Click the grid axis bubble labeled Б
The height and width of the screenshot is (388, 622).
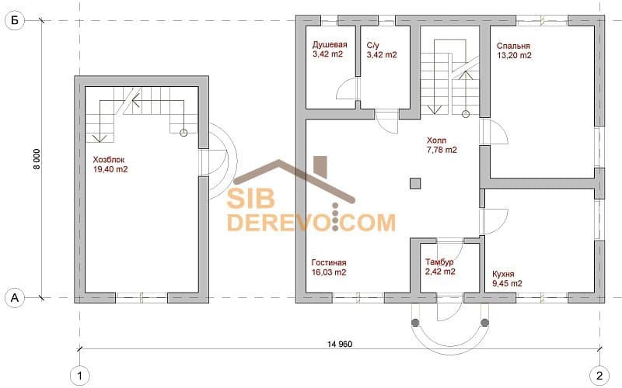15,20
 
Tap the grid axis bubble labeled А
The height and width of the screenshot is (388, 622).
15,297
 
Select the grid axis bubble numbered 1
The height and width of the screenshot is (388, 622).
80,375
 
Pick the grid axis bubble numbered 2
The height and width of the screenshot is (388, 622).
599,375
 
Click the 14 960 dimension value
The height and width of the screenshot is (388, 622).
340,344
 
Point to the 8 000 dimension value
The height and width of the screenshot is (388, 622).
37,159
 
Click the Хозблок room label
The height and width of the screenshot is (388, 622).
109,160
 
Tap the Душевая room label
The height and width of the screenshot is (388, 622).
330,45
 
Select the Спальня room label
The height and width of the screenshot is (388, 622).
513,46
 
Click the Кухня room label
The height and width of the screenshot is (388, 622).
503,274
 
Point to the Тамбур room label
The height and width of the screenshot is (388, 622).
439,262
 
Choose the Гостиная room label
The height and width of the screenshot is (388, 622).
329,262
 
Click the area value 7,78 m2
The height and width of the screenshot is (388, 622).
442,150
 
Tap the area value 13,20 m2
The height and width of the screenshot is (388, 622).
514,55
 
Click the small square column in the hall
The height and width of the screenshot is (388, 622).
415,183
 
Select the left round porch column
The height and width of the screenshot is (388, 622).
415,323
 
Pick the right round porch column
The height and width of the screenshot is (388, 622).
484,323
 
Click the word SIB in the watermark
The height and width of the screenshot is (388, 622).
250,199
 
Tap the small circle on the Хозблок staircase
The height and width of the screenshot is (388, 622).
183,133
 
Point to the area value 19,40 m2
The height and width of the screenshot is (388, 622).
110,169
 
